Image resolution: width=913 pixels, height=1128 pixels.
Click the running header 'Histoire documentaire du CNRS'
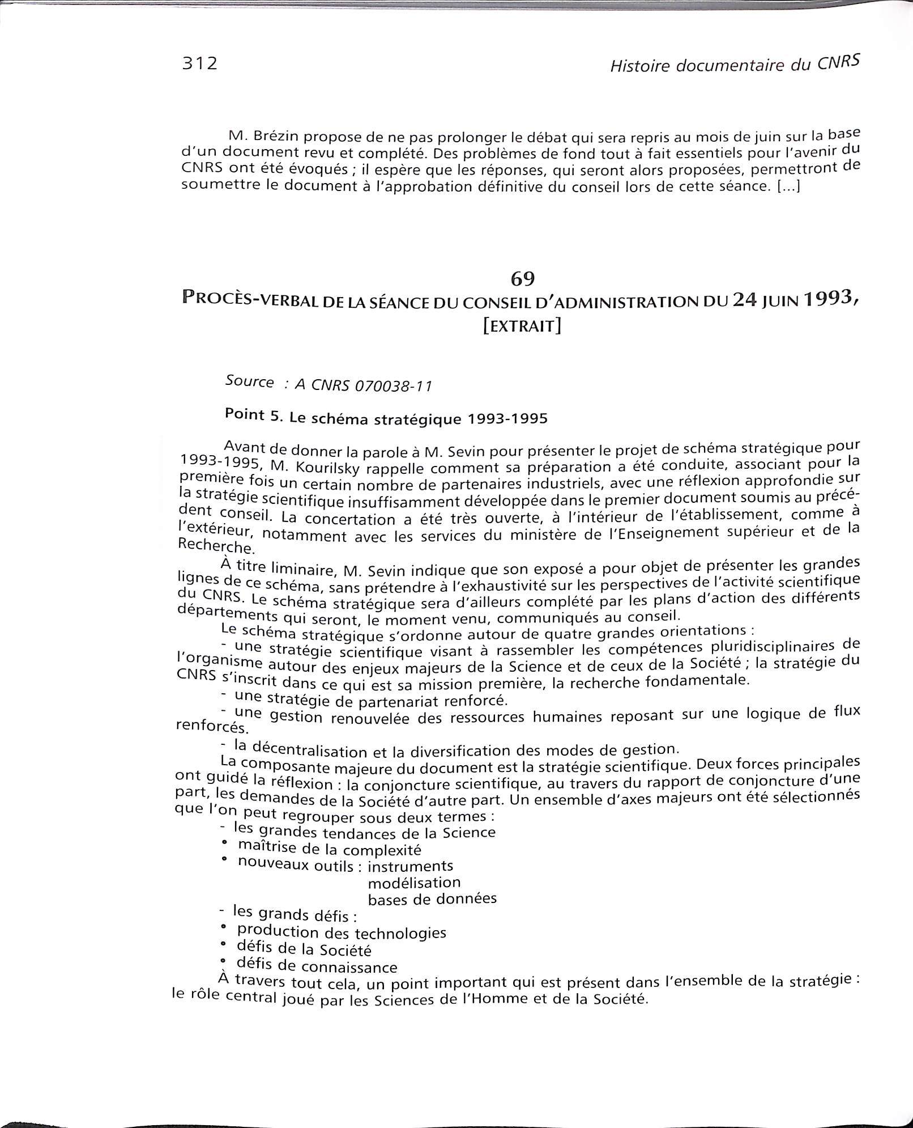[735, 65]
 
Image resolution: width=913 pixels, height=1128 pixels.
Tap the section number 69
[523, 278]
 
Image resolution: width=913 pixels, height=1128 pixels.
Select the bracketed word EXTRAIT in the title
[522, 326]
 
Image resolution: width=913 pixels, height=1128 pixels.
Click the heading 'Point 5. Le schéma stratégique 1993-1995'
[386, 418]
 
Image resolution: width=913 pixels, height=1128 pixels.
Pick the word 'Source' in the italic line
[250, 381]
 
